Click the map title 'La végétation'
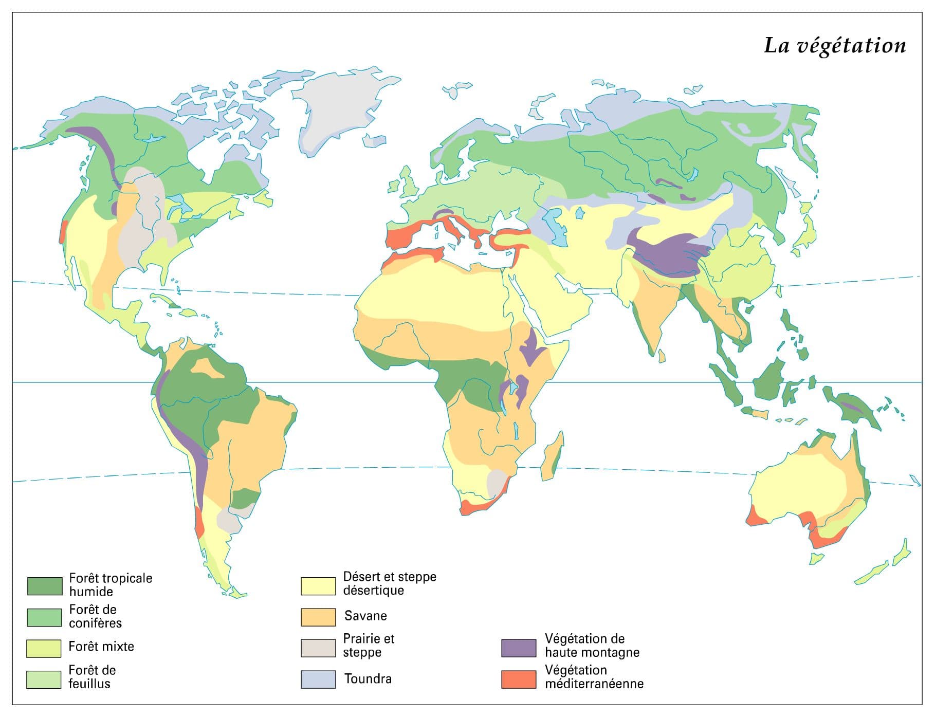pyautogui.click(x=834, y=45)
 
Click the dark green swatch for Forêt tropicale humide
pyautogui.click(x=44, y=585)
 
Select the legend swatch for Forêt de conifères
pyautogui.click(x=44, y=617)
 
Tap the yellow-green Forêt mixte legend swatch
pyautogui.click(x=44, y=648)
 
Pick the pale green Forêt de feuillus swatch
pyautogui.click(x=44, y=679)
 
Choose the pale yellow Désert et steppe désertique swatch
pyautogui.click(x=318, y=585)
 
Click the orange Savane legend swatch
pyautogui.click(x=318, y=617)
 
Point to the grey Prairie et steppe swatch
pyautogui.click(x=318, y=648)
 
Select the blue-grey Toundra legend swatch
pyautogui.click(x=318, y=679)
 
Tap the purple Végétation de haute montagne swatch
pyautogui.click(x=519, y=648)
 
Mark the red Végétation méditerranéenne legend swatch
pyautogui.click(x=519, y=679)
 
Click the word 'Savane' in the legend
pyautogui.click(x=365, y=616)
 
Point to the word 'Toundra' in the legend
pyautogui.click(x=368, y=679)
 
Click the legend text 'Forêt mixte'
pyautogui.click(x=101, y=647)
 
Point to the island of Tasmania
pyautogui.click(x=816, y=558)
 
